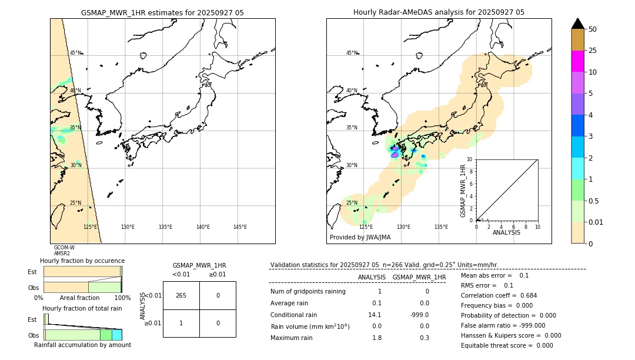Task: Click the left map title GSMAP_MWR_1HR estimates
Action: click(162, 12)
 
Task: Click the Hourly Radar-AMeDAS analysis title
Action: click(439, 12)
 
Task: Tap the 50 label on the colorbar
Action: click(593, 29)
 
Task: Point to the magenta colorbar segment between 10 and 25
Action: click(577, 61)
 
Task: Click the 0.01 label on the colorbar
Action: click(596, 222)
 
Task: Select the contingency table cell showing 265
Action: click(181, 295)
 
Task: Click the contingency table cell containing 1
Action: click(181, 323)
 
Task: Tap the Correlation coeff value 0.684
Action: click(524, 295)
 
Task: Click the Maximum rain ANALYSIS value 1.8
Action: click(377, 338)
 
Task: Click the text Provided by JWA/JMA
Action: click(360, 238)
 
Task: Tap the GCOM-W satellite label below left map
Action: click(64, 248)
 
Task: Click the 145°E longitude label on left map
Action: click(240, 227)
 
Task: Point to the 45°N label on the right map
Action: click(352, 53)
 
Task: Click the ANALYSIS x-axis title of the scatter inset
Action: click(506, 233)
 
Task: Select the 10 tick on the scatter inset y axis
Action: click(469, 159)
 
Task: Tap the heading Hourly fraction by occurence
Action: click(82, 261)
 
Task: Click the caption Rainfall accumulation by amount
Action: click(82, 345)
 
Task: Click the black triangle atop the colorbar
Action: click(577, 24)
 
